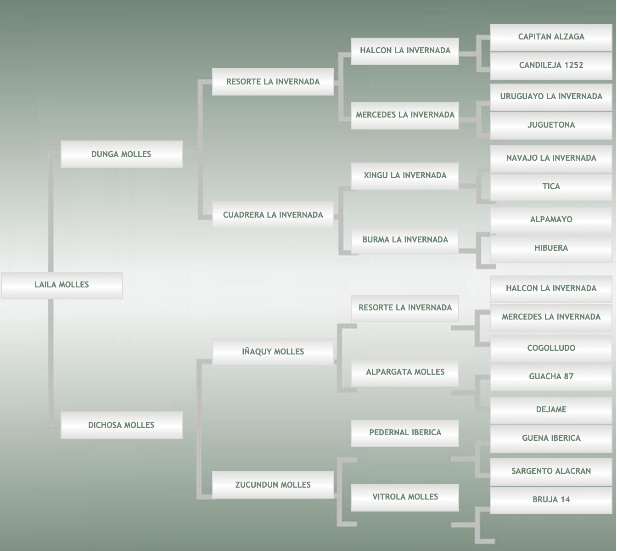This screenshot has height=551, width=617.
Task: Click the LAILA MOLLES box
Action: [62, 285]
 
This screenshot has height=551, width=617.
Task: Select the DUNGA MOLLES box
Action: [121, 154]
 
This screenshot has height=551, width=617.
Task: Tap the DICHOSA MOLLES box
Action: [121, 425]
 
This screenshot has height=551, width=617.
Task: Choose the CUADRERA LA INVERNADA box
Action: [273, 215]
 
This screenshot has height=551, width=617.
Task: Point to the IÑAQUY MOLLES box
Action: [273, 352]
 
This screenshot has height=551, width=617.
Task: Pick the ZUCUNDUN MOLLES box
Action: [273, 485]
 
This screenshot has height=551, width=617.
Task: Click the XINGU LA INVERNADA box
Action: [405, 175]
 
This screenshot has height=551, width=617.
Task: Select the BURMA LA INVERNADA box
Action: [405, 240]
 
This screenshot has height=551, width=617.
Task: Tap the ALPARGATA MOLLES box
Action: [405, 372]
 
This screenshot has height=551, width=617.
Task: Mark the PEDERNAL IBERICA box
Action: [405, 433]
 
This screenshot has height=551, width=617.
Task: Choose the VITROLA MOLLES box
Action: [405, 497]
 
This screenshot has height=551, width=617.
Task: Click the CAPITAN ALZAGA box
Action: [551, 37]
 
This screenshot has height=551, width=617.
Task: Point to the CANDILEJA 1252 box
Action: [551, 66]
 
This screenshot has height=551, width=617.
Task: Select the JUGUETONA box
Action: [551, 125]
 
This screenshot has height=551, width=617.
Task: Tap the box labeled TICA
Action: [551, 186]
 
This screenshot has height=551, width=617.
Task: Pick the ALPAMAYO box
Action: [551, 219]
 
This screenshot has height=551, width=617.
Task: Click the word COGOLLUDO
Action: [551, 348]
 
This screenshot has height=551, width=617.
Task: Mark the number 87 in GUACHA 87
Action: [568, 377]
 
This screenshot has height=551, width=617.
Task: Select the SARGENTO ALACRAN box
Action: [551, 471]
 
